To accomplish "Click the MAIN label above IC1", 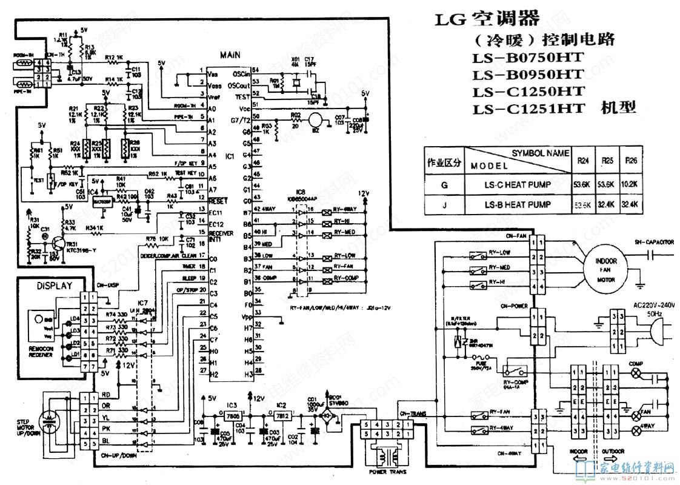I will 230,55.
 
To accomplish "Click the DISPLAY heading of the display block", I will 54,286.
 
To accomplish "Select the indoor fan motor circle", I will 607,269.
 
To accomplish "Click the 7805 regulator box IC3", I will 231,418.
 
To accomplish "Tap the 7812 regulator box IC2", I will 281,418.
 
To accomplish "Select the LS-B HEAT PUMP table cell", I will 518,205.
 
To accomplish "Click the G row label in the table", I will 444,184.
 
